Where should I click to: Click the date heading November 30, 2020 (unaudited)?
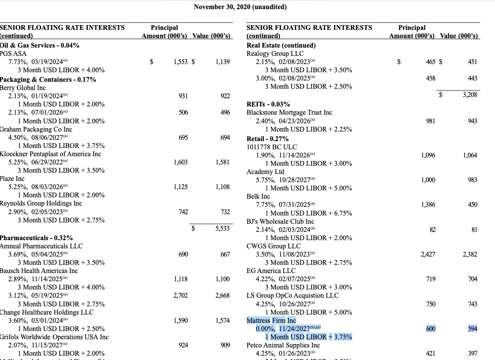(x=240, y=7)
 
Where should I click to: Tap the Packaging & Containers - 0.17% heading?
(x=48, y=80)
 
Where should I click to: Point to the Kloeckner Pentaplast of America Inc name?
(x=51, y=154)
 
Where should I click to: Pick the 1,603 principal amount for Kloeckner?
(x=181, y=162)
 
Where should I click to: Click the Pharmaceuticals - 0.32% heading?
(x=36, y=238)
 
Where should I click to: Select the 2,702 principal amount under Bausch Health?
(x=181, y=296)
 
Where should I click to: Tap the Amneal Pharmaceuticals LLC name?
(x=42, y=246)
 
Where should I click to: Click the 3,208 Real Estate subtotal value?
(x=469, y=94)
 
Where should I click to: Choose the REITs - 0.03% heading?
(x=268, y=104)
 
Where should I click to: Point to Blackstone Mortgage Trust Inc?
(x=289, y=112)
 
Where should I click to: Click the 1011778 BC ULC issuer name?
(x=271, y=147)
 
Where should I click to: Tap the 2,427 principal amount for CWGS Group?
(x=428, y=254)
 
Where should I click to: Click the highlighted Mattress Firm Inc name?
(x=271, y=321)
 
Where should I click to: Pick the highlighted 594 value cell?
(x=472, y=329)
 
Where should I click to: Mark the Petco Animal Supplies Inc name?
(x=283, y=345)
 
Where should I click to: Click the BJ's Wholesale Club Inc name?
(x=280, y=222)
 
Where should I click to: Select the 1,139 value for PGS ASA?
(x=222, y=62)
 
